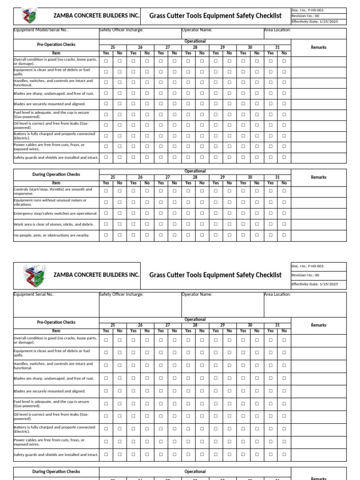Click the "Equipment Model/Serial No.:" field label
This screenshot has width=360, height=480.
coord(41,30)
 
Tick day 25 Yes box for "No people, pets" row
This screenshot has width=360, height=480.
coord(106,235)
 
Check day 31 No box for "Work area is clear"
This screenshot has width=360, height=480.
coord(284,224)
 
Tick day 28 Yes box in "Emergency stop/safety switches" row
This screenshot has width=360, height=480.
coord(188,213)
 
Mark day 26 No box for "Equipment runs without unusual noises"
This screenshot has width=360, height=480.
coord(147,202)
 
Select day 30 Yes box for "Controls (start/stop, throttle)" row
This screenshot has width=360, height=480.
coord(243,191)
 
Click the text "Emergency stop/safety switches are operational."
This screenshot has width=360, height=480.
coord(56,213)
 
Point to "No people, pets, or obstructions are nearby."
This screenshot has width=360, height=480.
coord(52,235)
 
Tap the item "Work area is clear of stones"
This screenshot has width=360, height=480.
coord(54,224)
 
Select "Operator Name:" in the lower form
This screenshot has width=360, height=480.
coord(197,294)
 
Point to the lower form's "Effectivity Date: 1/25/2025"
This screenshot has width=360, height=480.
coord(314,284)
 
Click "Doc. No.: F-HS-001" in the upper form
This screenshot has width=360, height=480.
coord(307,10)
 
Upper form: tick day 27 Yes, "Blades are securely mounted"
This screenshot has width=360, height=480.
coord(161,104)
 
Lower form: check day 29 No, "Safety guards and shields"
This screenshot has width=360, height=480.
coord(229,454)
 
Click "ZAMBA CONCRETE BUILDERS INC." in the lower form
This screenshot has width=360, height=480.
coord(97,275)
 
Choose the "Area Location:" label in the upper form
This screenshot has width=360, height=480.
coord(277,30)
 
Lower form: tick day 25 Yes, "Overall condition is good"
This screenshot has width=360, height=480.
coord(106,340)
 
